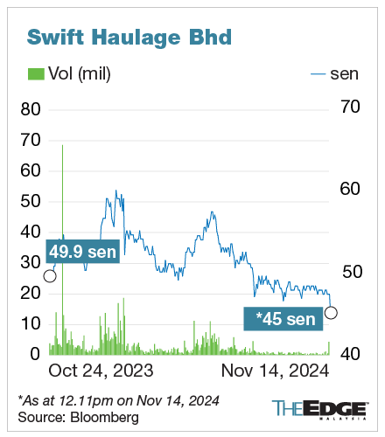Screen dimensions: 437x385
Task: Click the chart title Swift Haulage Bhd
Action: (x=130, y=38)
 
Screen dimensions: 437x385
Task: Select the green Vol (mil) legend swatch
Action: (x=36, y=74)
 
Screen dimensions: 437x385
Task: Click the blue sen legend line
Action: (x=319, y=74)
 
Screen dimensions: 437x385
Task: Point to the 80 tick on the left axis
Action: (x=31, y=109)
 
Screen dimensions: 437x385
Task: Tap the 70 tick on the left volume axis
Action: (x=31, y=140)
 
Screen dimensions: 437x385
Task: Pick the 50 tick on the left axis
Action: (x=31, y=201)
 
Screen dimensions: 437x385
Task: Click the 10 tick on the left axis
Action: (x=31, y=323)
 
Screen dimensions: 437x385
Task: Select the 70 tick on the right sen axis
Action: (x=348, y=107)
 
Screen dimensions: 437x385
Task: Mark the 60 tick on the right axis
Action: (x=348, y=189)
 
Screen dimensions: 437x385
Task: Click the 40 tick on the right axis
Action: (x=348, y=353)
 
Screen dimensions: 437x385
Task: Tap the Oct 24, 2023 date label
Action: (x=100, y=371)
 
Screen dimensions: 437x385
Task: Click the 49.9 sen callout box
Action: (x=83, y=251)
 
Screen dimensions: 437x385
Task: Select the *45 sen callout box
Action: (x=284, y=318)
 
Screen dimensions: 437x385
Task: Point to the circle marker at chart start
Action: (x=50, y=276)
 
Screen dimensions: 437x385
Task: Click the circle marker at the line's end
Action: (x=331, y=312)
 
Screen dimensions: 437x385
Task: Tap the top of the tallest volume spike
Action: (x=63, y=145)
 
